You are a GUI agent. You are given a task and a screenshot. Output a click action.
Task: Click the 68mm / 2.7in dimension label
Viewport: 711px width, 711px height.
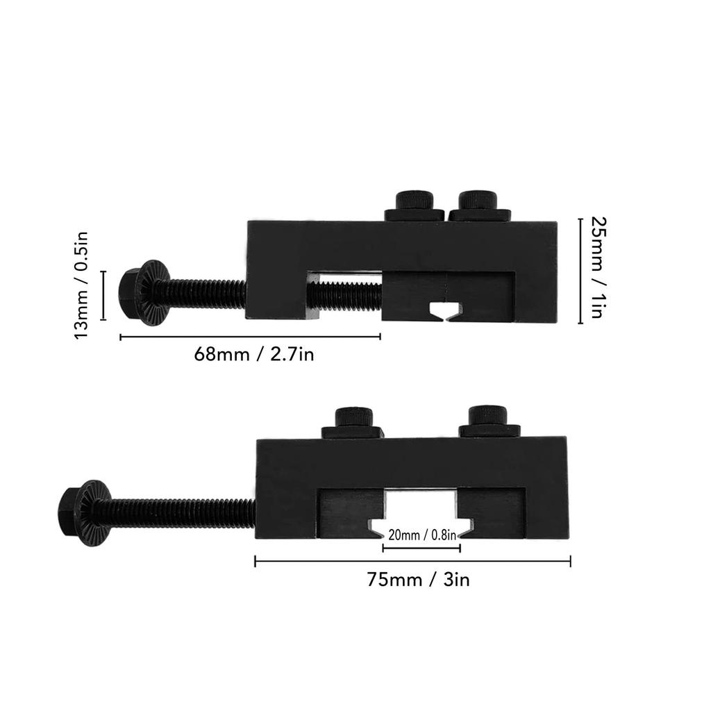[x=254, y=354]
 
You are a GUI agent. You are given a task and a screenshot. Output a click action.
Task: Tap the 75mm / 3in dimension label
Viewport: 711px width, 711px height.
[x=418, y=580]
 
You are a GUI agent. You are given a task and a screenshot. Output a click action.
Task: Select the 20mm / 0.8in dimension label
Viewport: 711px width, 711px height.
[x=421, y=535]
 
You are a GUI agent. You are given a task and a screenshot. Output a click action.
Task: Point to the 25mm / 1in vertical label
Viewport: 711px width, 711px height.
[x=598, y=267]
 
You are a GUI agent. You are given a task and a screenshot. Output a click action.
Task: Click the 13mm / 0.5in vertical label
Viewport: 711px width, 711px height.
[x=82, y=285]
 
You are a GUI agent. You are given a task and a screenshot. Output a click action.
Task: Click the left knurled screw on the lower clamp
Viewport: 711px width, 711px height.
[x=353, y=424]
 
